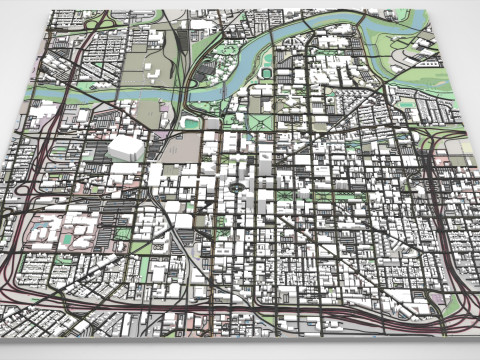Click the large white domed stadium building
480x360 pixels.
tap(126, 148)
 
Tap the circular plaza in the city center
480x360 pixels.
tap(236, 185)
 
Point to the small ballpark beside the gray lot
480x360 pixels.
tap(191, 123)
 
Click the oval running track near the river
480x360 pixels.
tap(267, 74)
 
